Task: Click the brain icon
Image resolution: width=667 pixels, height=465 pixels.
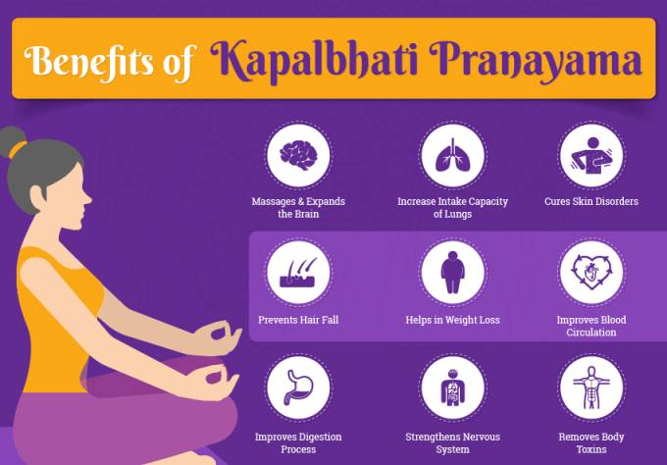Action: coord(298,155)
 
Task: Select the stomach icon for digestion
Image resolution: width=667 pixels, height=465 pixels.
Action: coord(298,387)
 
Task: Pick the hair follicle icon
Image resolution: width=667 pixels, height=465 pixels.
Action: coord(298,273)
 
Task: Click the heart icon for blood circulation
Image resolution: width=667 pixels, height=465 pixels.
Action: coord(591,273)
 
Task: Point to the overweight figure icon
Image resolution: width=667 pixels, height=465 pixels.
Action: coord(452,273)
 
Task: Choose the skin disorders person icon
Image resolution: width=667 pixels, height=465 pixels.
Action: coord(591,155)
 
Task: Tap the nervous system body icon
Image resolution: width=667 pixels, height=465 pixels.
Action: coord(452,387)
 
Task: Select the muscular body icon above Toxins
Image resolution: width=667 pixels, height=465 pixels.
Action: coord(591,387)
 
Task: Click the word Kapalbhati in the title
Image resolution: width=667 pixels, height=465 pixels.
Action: coord(313,62)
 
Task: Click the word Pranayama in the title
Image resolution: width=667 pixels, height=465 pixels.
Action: coord(536,62)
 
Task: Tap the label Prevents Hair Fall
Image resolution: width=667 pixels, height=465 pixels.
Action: coord(298,320)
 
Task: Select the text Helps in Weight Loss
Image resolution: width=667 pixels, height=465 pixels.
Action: coord(452,320)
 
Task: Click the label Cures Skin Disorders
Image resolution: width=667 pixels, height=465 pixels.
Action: coord(591,201)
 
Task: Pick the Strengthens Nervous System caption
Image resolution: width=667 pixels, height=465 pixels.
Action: coord(452,442)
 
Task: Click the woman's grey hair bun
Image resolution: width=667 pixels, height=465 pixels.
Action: coord(12,141)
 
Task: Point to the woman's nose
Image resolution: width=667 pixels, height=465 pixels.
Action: coord(87,198)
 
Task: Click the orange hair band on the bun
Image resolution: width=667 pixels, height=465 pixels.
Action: coord(18,149)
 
